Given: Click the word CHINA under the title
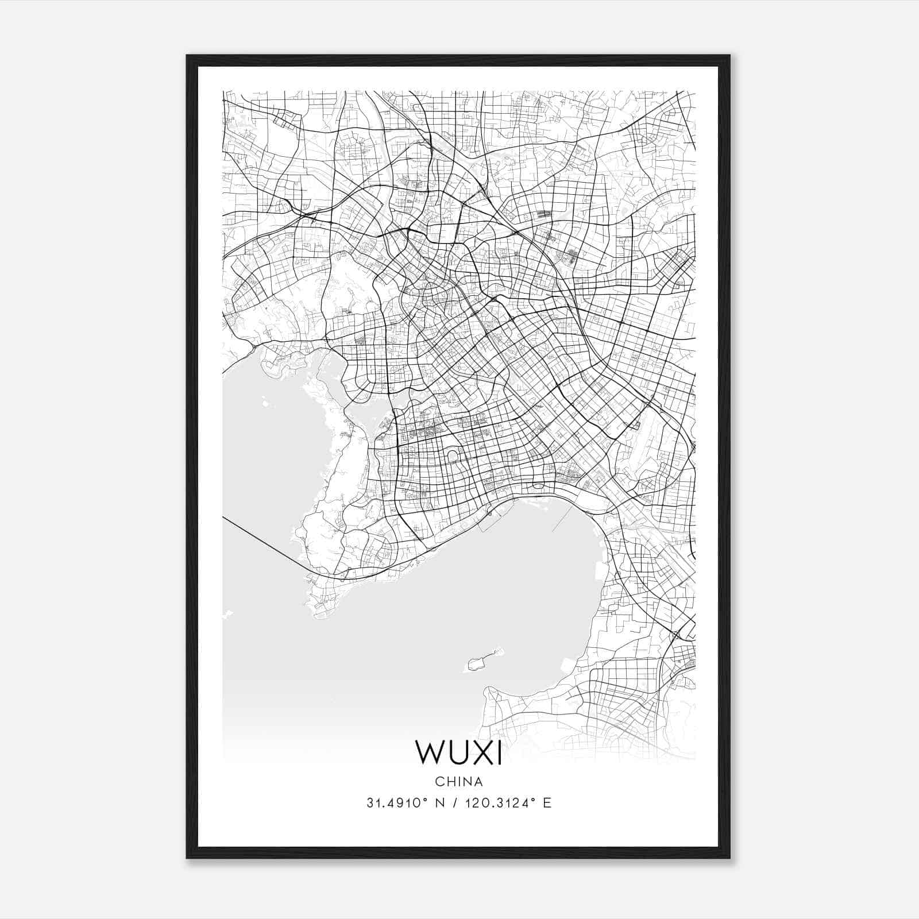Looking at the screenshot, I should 459,782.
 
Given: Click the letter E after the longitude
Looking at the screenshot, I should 547,803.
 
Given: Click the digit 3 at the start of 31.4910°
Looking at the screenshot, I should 370,803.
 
